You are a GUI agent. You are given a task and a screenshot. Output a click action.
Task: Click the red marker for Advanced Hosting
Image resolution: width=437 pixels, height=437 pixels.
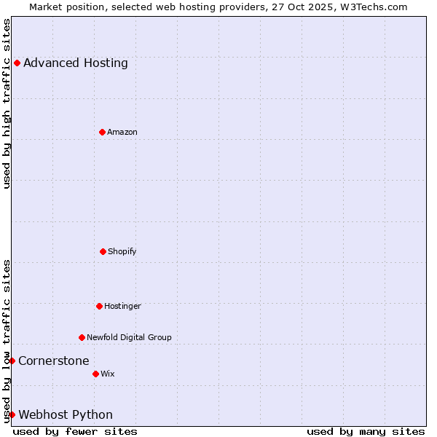click(x=17, y=63)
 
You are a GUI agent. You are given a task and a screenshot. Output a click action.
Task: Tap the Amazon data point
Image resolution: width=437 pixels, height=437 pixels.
click(x=102, y=132)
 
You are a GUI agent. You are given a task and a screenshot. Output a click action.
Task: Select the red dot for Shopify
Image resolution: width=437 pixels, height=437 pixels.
click(x=103, y=251)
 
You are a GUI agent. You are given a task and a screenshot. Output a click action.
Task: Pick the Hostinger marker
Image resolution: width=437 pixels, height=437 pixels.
click(x=99, y=306)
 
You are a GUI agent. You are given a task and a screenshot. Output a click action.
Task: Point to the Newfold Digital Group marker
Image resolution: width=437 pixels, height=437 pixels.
click(x=82, y=337)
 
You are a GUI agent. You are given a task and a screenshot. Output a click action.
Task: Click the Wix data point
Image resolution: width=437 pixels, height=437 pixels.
click(x=95, y=374)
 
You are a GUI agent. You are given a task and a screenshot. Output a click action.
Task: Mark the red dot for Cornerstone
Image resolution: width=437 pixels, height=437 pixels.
click(x=12, y=361)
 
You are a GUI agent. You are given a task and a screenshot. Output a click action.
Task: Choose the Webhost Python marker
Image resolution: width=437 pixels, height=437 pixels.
click(x=12, y=414)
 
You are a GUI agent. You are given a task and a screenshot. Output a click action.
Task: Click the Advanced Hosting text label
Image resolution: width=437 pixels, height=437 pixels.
click(x=76, y=63)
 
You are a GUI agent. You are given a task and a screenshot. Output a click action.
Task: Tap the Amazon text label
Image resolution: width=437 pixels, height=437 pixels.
click(x=122, y=132)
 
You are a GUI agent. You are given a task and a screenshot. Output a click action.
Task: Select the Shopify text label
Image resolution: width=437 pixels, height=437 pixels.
click(x=122, y=251)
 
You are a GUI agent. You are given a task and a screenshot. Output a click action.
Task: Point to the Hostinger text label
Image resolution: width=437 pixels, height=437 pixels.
click(x=122, y=306)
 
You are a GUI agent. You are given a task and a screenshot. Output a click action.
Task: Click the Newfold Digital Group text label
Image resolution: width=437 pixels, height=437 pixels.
click(x=129, y=337)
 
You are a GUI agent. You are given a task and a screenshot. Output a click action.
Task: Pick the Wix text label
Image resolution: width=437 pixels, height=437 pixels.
click(x=108, y=374)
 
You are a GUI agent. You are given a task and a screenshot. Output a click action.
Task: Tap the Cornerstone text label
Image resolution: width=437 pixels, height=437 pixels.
click(x=54, y=361)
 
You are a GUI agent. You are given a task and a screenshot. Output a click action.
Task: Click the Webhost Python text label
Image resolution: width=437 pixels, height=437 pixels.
click(x=66, y=414)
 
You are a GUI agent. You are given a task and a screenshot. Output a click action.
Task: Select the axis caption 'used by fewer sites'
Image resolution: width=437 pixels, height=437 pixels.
click(x=75, y=431)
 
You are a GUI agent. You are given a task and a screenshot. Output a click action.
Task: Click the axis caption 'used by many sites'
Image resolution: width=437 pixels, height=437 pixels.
click(x=366, y=431)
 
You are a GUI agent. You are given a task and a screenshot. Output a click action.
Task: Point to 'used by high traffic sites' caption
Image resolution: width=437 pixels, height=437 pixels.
click(x=7, y=103)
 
